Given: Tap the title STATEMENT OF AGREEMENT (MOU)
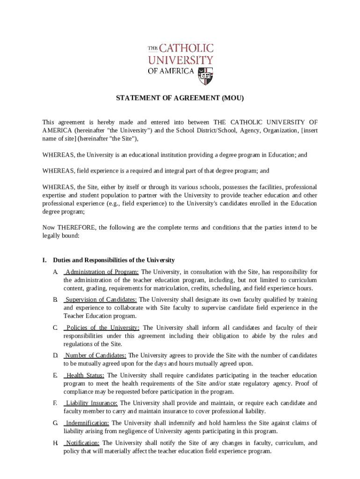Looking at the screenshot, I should click(180, 98).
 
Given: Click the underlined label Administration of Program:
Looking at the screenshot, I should click(102, 272).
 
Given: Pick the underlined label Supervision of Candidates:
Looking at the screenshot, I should click(101, 299).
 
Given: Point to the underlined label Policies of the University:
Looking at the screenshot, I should click(102, 327).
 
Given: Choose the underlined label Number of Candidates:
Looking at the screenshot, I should click(96, 356).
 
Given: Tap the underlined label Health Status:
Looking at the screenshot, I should click(86, 375).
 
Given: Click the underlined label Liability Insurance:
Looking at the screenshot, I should click(92, 403).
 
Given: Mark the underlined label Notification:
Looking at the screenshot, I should click(83, 443).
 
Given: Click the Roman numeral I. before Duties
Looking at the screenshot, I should click(44, 260).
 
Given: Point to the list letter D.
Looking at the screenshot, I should click(55, 356).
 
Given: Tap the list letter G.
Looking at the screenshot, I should click(55, 423).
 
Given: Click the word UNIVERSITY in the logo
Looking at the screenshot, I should click(180, 60).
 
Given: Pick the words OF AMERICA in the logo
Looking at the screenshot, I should click(171, 71).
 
